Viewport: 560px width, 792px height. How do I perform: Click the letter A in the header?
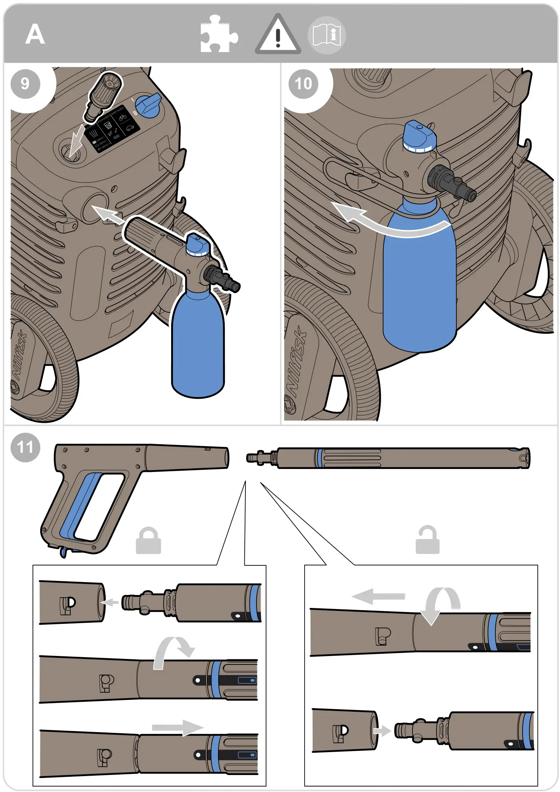click(35, 34)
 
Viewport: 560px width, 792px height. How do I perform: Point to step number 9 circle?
click(25, 84)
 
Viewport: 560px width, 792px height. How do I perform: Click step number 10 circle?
click(303, 84)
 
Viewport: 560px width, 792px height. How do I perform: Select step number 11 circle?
click(25, 448)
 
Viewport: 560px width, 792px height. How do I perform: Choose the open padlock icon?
click(427, 540)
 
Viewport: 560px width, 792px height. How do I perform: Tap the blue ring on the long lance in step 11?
click(319, 458)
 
